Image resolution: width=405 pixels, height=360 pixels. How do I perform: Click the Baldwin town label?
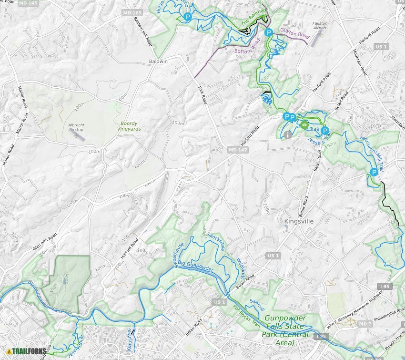pos(159,62)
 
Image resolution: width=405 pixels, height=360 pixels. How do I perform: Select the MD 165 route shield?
pos(132,11)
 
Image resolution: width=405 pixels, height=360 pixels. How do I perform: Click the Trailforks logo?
pos(26,352)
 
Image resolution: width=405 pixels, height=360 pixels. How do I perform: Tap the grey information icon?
pos(287,135)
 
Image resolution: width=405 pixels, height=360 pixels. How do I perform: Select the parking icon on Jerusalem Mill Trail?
pos(374,173)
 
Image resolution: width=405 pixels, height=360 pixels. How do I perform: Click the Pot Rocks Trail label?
pos(246,315)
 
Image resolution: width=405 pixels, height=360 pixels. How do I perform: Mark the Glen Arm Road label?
pos(45,242)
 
